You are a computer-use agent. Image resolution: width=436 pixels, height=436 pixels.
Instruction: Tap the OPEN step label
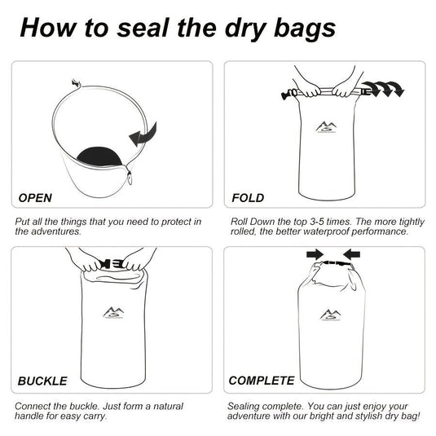pyautogui.click(x=35, y=198)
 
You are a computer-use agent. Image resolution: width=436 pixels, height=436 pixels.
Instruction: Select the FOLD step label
pyautogui.click(x=248, y=198)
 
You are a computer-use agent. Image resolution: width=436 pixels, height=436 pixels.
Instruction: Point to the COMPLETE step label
pyautogui.click(x=261, y=381)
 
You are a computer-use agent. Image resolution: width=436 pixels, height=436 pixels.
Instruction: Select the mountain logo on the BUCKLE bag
pyautogui.click(x=112, y=312)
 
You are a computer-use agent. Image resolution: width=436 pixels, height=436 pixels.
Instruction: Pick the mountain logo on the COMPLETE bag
pyautogui.click(x=329, y=315)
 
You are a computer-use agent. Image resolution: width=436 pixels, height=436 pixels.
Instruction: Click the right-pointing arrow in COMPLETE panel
pyautogui.click(x=315, y=255)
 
